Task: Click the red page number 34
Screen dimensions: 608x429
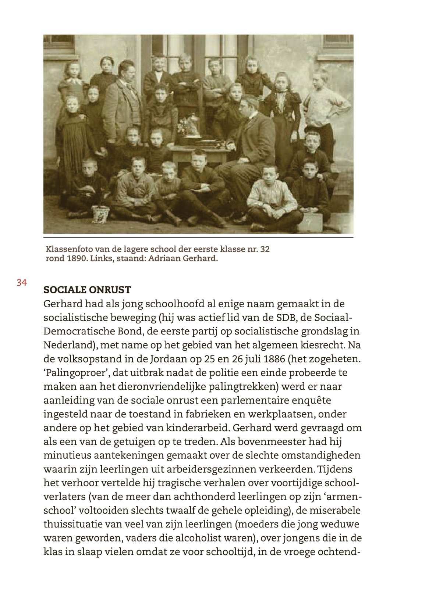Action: (x=21, y=282)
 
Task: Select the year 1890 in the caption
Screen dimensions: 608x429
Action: (x=77, y=258)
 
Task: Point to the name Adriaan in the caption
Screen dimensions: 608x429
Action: (x=163, y=258)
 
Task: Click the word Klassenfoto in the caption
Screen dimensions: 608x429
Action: (x=67, y=249)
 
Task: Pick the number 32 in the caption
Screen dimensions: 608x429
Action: (x=265, y=249)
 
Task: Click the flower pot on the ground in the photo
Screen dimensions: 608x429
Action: (x=101, y=214)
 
